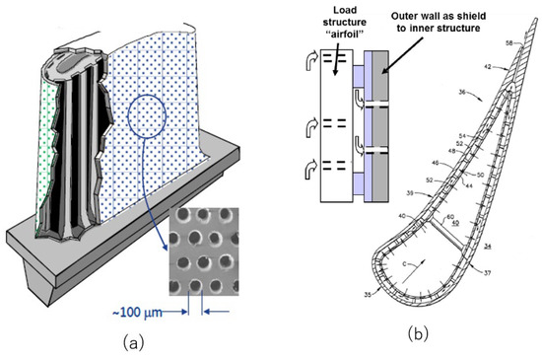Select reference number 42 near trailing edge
(486, 67)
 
